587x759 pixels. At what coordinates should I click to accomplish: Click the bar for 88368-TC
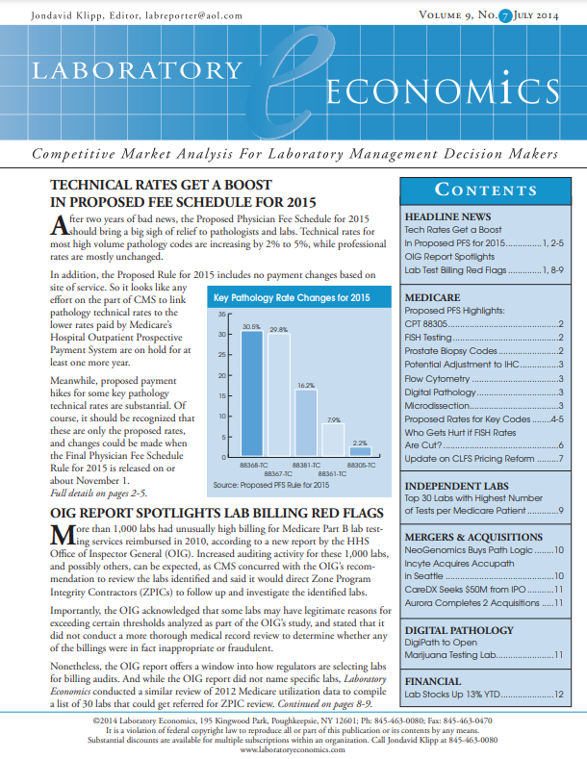[x=251, y=394]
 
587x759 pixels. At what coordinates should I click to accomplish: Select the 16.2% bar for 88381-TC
[x=305, y=424]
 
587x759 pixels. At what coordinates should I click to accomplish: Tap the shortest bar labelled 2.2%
[x=359, y=452]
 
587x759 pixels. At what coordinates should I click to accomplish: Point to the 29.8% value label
[x=278, y=330]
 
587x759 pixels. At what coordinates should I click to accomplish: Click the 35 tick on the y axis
[x=220, y=315]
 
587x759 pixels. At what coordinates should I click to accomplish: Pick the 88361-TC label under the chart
[x=332, y=474]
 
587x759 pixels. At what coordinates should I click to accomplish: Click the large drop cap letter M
[x=63, y=541]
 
